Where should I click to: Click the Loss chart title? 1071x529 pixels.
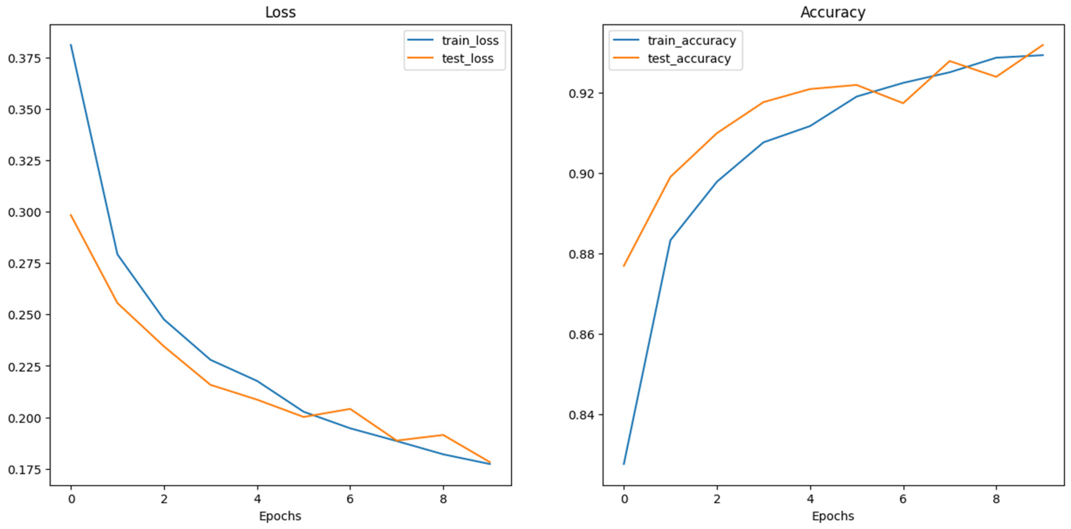(280, 12)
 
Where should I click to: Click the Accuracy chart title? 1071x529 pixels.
(833, 12)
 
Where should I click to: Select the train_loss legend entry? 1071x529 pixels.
(470, 40)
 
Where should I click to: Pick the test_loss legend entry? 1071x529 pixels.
(467, 59)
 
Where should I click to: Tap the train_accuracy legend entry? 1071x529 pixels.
(691, 40)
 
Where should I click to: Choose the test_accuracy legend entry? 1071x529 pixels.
(689, 59)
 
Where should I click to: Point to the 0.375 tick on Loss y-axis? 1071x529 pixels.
(25, 58)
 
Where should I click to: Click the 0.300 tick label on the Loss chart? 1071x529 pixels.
(25, 212)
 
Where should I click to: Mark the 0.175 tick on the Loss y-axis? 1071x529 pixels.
(25, 470)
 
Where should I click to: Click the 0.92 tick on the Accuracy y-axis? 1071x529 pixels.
(581, 93)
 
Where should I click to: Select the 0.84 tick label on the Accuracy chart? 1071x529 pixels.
(581, 415)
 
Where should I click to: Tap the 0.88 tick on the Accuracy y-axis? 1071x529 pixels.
(581, 254)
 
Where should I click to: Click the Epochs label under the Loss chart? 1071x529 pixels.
(280, 516)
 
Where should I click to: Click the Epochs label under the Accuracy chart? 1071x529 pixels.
(833, 516)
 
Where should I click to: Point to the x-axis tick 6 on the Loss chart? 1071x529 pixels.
(350, 499)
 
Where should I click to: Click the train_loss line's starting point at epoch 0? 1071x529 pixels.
(71, 45)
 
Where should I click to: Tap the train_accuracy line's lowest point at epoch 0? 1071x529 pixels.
(624, 464)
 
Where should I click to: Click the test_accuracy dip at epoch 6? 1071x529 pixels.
(903, 103)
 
